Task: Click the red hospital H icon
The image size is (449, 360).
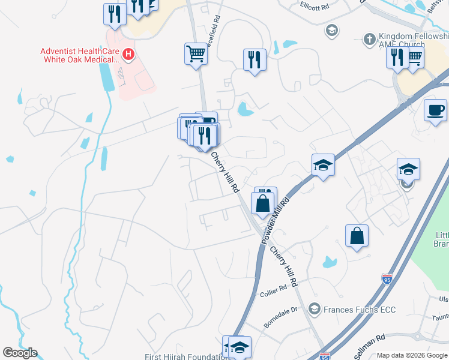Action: (x=128, y=55)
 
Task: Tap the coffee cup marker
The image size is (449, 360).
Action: (x=435, y=110)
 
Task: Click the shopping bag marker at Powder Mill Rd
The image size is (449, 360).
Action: (x=262, y=203)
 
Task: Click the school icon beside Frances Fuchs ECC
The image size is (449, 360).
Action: (x=313, y=309)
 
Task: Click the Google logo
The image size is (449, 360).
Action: (x=20, y=353)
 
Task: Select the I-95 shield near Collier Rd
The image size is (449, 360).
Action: (x=387, y=278)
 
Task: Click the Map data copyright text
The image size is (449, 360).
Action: (x=412, y=355)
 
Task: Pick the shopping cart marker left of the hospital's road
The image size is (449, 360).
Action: (x=196, y=54)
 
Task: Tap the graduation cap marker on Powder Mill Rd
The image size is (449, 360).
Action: (x=322, y=164)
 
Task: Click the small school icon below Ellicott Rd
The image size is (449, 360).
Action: (x=331, y=29)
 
